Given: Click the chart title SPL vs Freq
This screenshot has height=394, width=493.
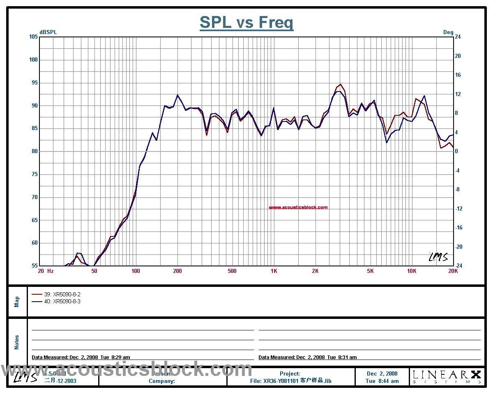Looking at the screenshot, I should pyautogui.click(x=246, y=22).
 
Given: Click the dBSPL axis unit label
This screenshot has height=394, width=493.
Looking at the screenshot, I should pyautogui.click(x=48, y=32).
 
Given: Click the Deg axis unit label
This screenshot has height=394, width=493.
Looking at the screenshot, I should pyautogui.click(x=448, y=32).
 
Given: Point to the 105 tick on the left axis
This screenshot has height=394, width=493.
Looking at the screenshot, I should pyautogui.click(x=33, y=37).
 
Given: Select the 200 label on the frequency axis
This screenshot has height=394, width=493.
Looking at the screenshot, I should pyautogui.click(x=177, y=271).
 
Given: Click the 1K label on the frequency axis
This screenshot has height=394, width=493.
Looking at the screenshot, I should pyautogui.click(x=274, y=271).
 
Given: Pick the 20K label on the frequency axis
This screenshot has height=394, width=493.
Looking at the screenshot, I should pyautogui.click(x=453, y=271).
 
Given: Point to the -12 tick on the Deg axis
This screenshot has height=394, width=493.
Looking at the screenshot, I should pyautogui.click(x=458, y=209).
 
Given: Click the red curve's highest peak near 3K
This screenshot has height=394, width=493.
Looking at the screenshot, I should pyautogui.click(x=340, y=85).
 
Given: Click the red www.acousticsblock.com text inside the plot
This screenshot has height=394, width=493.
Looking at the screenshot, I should pyautogui.click(x=298, y=207).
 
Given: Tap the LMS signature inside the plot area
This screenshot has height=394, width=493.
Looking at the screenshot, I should pyautogui.click(x=438, y=257).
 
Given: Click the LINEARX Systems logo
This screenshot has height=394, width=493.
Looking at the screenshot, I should pyautogui.click(x=447, y=376).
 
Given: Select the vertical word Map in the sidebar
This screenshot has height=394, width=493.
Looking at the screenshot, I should pyautogui.click(x=17, y=302).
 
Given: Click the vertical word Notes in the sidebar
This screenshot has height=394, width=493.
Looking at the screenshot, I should pyautogui.click(x=17, y=342).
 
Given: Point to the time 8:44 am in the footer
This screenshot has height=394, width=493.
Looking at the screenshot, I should pyautogui.click(x=382, y=381).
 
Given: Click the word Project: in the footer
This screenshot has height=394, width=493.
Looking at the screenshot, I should pyautogui.click(x=290, y=373).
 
